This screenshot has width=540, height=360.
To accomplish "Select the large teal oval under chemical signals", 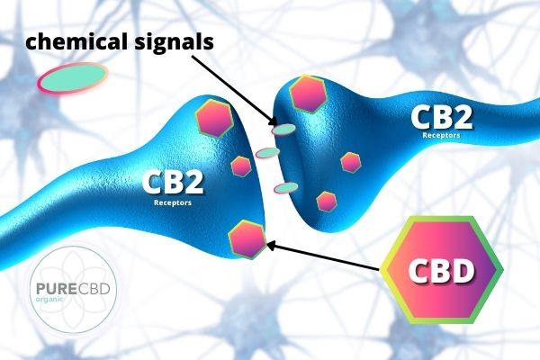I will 72,80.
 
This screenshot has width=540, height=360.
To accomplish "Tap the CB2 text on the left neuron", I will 172,185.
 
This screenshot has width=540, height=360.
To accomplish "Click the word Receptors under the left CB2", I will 173,203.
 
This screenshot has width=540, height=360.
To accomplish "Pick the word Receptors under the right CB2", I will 442,136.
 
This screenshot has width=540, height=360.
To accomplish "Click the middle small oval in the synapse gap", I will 267,153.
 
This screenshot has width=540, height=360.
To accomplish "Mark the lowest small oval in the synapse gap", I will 286,187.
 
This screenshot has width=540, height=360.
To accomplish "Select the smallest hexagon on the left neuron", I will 241,166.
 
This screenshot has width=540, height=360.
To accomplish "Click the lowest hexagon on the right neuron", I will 327,200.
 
